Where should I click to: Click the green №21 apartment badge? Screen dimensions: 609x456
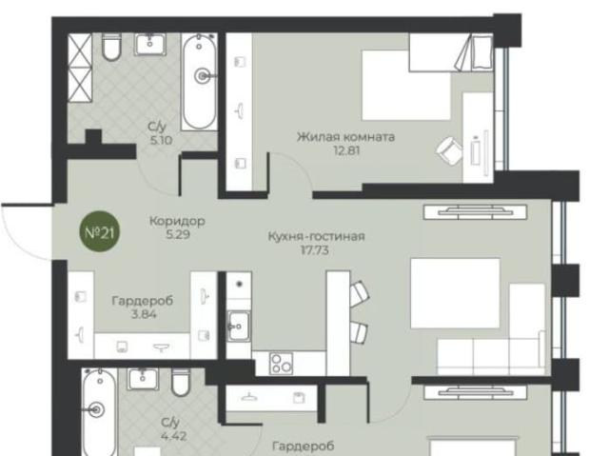pyautogui.click(x=99, y=231)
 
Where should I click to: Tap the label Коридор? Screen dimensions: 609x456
pyautogui.click(x=177, y=221)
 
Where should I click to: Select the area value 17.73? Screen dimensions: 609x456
pyautogui.click(x=315, y=250)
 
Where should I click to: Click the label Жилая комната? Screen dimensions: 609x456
pyautogui.click(x=345, y=137)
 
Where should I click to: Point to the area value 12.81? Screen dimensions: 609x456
pyautogui.click(x=346, y=150)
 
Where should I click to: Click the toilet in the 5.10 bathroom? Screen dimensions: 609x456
pyautogui.click(x=111, y=47)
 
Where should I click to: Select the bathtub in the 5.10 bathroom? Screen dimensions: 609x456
pyautogui.click(x=199, y=82)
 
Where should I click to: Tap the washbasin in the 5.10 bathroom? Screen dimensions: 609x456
pyautogui.click(x=150, y=44)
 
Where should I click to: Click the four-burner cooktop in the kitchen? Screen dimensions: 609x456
pyautogui.click(x=282, y=364)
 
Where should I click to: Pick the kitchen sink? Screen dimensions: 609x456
pyautogui.click(x=239, y=327)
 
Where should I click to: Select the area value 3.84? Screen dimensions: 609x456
pyautogui.click(x=144, y=314)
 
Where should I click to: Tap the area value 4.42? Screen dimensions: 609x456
pyautogui.click(x=173, y=436)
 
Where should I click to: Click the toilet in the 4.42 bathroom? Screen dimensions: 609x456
pyautogui.click(x=181, y=382)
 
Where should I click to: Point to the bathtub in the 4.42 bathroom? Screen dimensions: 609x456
pyautogui.click(x=99, y=411)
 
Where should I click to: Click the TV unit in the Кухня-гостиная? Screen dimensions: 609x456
pyautogui.click(x=475, y=212)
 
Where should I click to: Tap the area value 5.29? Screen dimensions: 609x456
pyautogui.click(x=178, y=234)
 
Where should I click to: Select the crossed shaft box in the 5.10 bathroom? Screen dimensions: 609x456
pyautogui.click(x=80, y=68)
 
